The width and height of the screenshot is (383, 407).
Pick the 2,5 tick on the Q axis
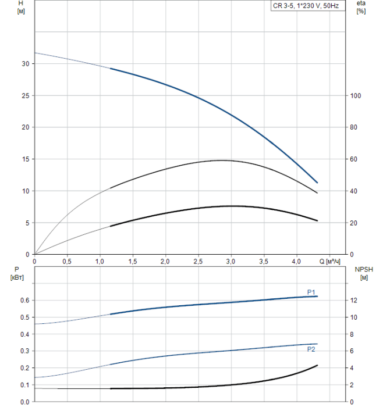coord(198,261)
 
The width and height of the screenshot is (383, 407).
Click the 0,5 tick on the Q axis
coord(68,261)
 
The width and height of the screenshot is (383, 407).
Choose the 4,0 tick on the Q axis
coord(297,261)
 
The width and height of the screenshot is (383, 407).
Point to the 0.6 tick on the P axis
coord(24,300)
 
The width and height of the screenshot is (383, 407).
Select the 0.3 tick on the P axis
coord(24,351)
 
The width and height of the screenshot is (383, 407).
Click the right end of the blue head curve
coord(317,183)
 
